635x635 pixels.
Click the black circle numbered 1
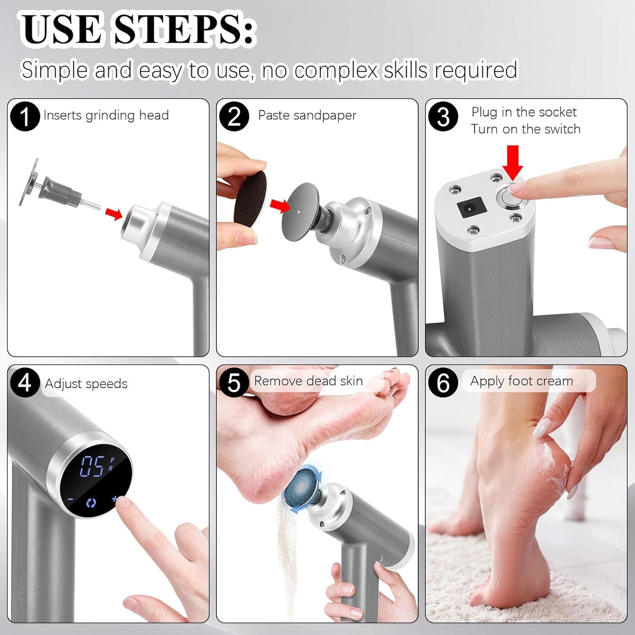(25, 116)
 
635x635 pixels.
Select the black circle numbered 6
(443, 383)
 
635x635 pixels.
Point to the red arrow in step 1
(114, 214)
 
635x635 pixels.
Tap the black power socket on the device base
(471, 208)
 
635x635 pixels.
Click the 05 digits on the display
(92, 466)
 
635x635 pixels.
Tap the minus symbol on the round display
(70, 499)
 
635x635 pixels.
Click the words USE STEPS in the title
(138, 30)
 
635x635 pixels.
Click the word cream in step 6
(555, 381)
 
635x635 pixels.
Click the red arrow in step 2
(280, 205)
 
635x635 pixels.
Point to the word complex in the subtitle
(336, 70)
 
